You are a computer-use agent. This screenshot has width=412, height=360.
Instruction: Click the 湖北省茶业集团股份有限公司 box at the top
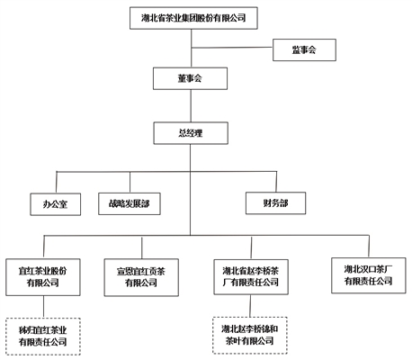pyautogui.click(x=193, y=18)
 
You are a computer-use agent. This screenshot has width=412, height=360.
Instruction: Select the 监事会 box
pyautogui.click(x=304, y=49)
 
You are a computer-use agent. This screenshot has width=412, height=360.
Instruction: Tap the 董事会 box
pyautogui.click(x=190, y=78)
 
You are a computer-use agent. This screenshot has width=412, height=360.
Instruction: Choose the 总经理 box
pyautogui.click(x=191, y=133)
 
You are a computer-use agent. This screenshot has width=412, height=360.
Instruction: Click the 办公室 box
pyautogui.click(x=56, y=204)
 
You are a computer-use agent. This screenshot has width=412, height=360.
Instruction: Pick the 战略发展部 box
pyautogui.click(x=130, y=203)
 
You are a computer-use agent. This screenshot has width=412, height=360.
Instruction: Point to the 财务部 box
pyautogui.click(x=275, y=203)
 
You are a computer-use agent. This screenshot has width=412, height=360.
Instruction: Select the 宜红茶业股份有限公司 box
pyautogui.click(x=43, y=277)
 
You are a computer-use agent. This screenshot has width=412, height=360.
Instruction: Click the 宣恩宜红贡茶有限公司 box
pyautogui.click(x=141, y=277)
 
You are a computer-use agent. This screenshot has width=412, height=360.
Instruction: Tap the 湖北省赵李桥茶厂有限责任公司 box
pyautogui.click(x=251, y=277)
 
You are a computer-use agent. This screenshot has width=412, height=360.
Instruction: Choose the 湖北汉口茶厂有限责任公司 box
pyautogui.click(x=369, y=275)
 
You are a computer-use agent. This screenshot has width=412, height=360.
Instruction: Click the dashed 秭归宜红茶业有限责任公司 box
pyautogui.click(x=43, y=337)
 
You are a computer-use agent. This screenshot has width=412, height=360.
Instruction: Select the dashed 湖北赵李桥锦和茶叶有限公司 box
pyautogui.click(x=250, y=335)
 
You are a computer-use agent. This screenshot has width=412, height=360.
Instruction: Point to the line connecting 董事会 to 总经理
pyautogui.click(x=191, y=105)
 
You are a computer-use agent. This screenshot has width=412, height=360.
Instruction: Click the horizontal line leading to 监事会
pyautogui.click(x=232, y=48)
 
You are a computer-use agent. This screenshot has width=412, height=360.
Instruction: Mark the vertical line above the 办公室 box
pyautogui.click(x=57, y=183)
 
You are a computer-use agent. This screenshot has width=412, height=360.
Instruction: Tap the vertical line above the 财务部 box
pyautogui.click(x=276, y=182)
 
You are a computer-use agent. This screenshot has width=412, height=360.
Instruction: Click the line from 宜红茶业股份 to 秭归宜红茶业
pyautogui.click(x=43, y=307)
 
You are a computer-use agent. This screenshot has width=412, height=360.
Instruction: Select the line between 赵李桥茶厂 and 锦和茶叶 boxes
pyautogui.click(x=250, y=306)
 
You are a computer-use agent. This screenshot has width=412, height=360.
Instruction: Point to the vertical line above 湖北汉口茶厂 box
pyautogui.click(x=369, y=247)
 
